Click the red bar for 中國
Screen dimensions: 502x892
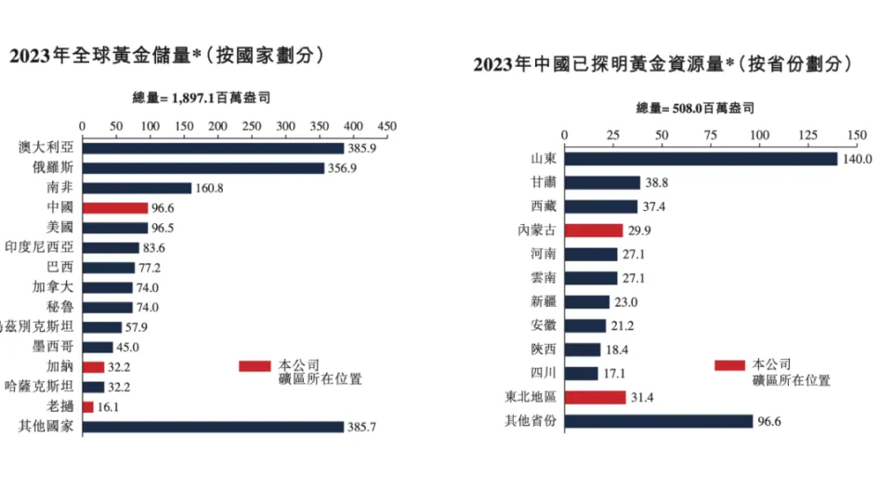click(115, 208)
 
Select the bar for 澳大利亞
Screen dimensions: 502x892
click(213, 148)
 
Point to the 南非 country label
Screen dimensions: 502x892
click(60, 188)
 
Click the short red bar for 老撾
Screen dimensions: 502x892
click(87, 406)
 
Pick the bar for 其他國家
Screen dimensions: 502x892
click(213, 427)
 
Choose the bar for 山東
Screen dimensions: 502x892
click(702, 159)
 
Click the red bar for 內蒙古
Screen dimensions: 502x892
click(594, 231)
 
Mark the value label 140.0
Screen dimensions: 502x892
click(857, 159)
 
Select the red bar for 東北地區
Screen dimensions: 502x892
click(596, 398)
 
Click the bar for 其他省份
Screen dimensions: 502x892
click(659, 421)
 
